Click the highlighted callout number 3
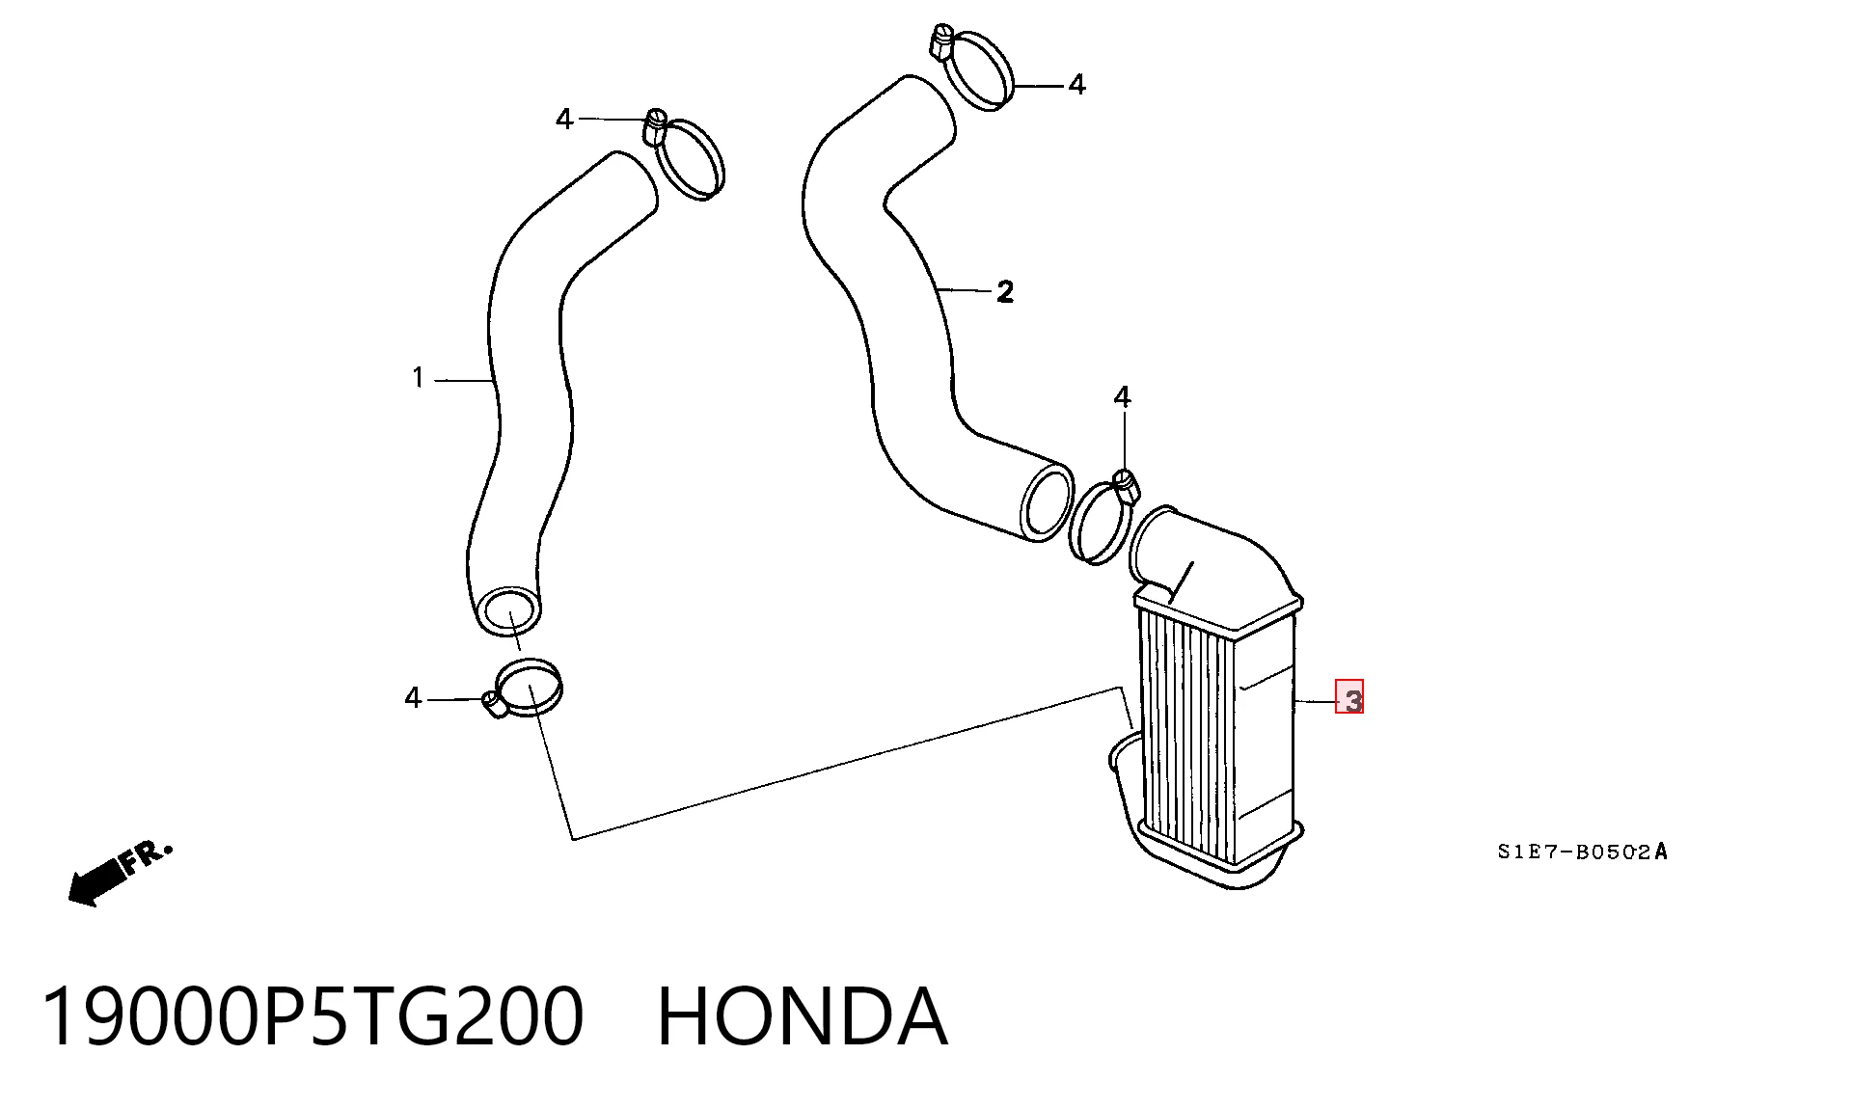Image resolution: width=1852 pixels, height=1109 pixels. tap(1349, 697)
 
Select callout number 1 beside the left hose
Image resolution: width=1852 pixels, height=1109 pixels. tap(418, 377)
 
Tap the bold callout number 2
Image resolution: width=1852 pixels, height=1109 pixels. tap(1005, 291)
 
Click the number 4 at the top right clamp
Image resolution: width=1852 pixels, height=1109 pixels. tap(1077, 85)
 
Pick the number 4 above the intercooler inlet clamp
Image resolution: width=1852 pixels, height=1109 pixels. tap(1122, 397)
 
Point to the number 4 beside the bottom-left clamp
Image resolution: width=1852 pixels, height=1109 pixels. tap(414, 697)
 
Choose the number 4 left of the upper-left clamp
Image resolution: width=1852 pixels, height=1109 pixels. tap(564, 119)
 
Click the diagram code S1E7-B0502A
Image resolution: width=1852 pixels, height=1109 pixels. tap(1582, 852)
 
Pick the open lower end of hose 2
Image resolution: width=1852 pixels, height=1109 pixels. tap(1047, 502)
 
